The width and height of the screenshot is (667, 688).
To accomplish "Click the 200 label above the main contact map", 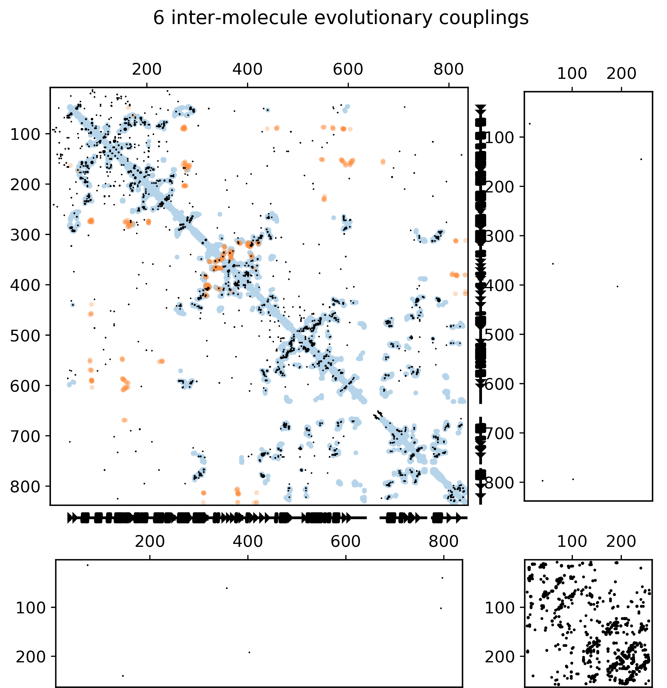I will tap(147, 69).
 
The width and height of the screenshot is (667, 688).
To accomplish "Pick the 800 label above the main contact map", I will tap(448, 69).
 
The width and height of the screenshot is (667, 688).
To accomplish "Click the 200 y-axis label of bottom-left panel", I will tap(31, 657).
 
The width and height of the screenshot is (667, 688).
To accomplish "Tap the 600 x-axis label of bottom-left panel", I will tap(345, 542).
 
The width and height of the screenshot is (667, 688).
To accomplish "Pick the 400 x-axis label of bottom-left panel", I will tap(248, 542).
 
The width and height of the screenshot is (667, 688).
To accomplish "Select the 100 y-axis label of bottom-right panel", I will tap(500, 608).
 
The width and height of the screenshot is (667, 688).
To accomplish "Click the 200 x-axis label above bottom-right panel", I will tap(621, 542).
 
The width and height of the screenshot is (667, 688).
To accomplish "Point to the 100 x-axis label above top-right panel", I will tap(572, 74).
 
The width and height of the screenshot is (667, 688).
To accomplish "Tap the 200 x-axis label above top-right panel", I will tap(621, 74).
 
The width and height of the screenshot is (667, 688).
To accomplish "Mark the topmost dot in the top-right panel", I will tap(529, 124).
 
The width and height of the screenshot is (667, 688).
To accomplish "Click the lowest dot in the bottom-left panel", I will tap(122, 676).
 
